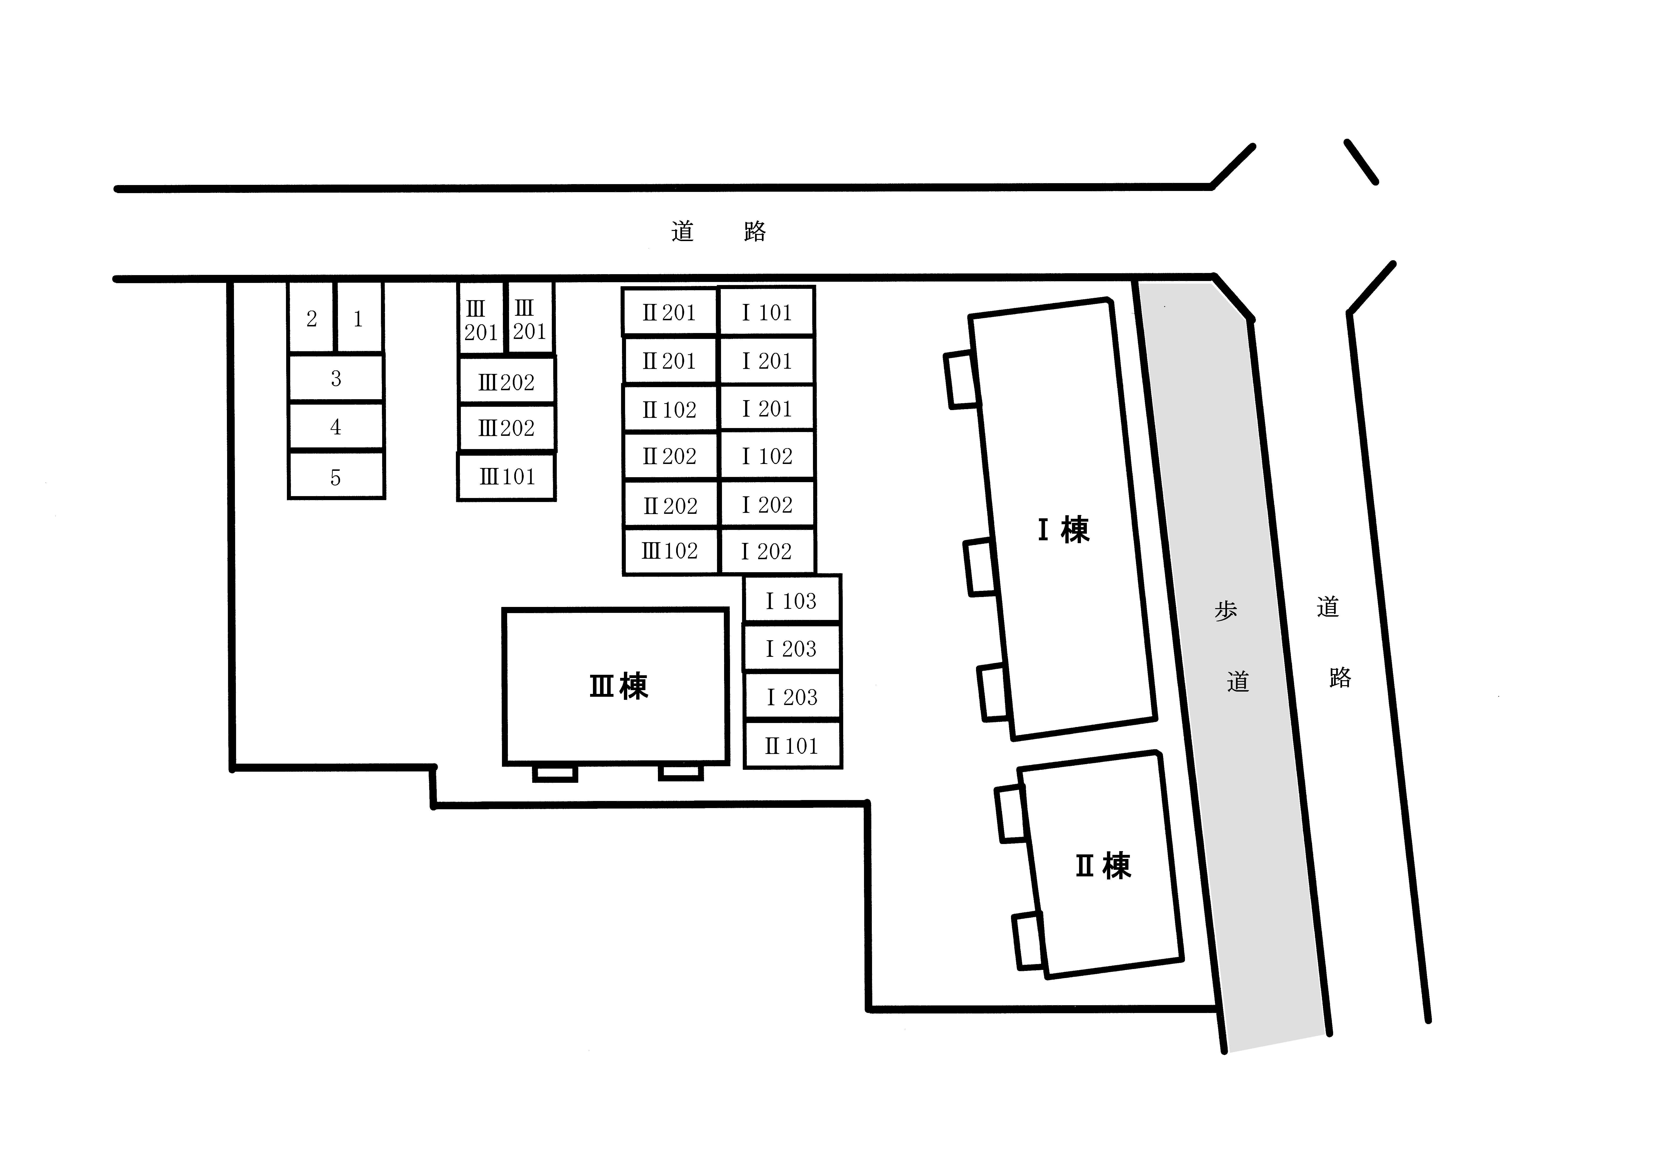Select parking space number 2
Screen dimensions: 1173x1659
click(x=311, y=318)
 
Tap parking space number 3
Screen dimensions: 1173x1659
click(x=336, y=378)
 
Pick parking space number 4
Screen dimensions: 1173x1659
click(x=336, y=426)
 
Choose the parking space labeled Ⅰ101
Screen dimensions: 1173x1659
click(x=767, y=312)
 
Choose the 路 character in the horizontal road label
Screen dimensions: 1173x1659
click(x=754, y=231)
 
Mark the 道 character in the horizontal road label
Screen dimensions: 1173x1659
click(x=682, y=231)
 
